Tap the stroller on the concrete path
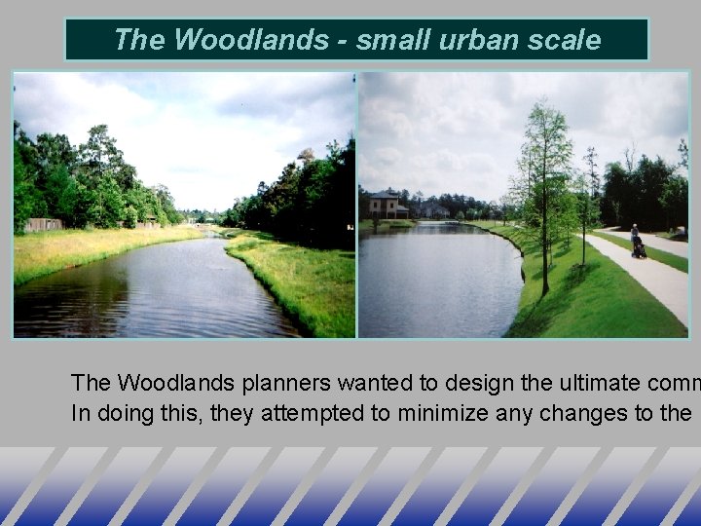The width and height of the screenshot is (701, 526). (x=639, y=249)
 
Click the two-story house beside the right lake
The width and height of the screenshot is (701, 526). (x=387, y=206)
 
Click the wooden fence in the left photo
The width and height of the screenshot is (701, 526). (x=45, y=224)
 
